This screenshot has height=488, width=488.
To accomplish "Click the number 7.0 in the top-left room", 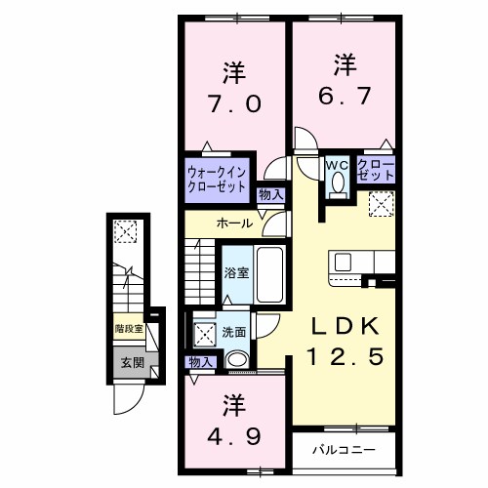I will [232, 102].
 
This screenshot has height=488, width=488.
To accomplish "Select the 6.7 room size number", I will [343, 95].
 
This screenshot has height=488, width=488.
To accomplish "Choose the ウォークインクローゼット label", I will [218, 180].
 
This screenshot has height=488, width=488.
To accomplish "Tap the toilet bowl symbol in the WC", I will [339, 183].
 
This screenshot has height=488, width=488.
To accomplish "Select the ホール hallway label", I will [235, 224].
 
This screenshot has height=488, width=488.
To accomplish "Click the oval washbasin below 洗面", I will [237, 360].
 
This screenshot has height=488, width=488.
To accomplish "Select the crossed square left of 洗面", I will [206, 332].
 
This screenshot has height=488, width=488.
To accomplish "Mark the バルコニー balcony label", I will [344, 451].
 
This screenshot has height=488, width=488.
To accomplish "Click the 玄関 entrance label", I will [131, 363].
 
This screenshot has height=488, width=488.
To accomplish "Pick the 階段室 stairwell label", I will [129, 330].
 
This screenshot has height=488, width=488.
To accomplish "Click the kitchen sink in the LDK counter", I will [344, 262].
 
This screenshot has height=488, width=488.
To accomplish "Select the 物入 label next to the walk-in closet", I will [270, 195].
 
